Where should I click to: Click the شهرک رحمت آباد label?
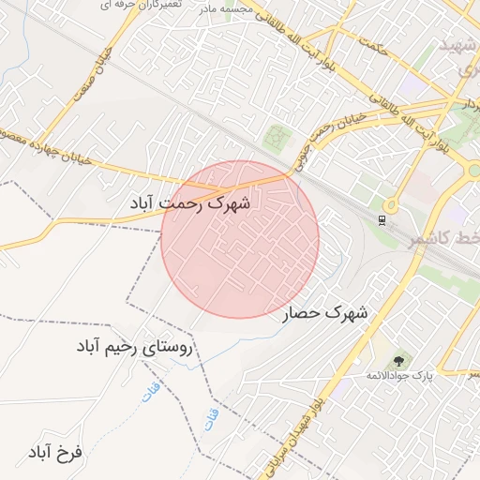click(191, 202)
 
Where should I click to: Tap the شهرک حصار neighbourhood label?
click(325, 313)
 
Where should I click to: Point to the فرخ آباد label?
click(55, 453)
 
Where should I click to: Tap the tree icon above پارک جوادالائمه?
click(400, 360)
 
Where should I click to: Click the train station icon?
click(382, 220)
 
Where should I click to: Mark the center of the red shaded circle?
click(240, 239)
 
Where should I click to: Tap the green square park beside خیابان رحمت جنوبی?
click(276, 138)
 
